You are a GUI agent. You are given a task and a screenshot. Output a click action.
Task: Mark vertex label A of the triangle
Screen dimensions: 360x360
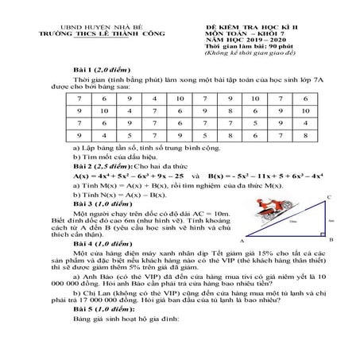(240, 240)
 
